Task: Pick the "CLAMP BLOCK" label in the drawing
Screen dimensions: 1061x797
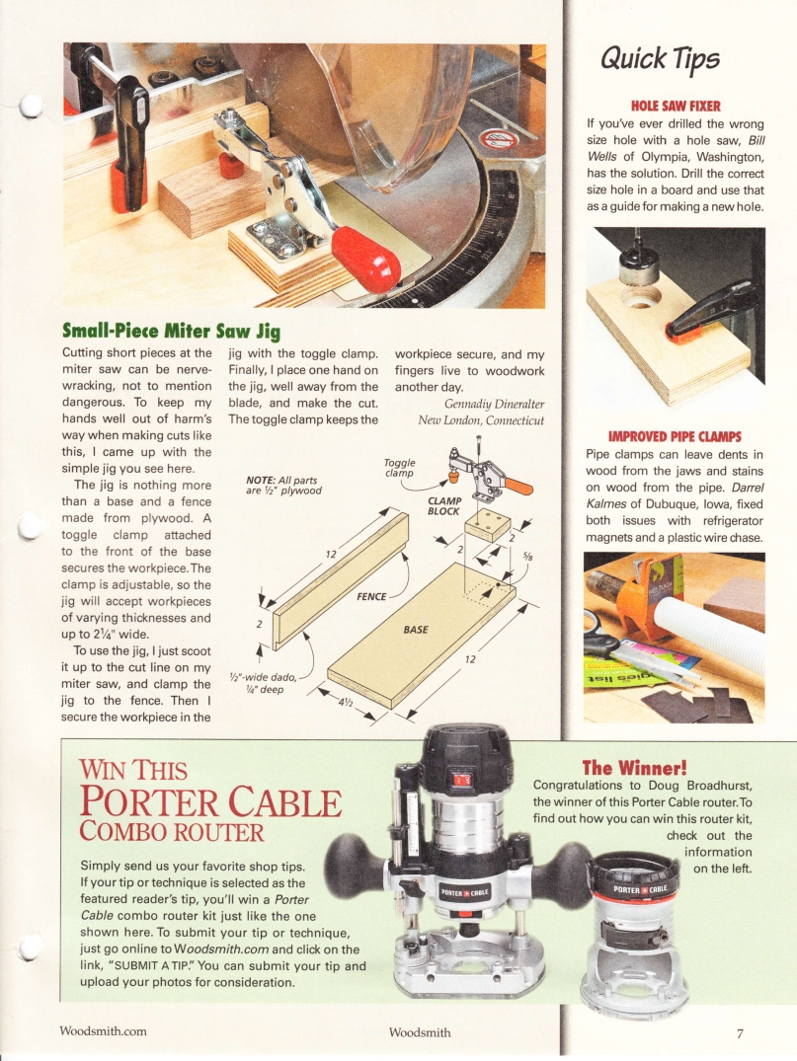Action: tap(443, 504)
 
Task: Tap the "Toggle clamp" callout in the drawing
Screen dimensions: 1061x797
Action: tap(398, 467)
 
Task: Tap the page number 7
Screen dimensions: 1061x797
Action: tap(739, 1032)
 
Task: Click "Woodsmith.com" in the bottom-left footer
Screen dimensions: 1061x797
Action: tap(103, 1031)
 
